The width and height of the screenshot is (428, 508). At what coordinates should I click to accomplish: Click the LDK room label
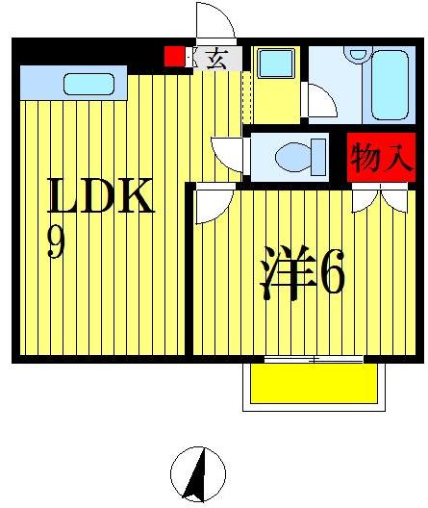100,198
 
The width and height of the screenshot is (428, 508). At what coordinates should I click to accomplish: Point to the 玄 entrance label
215,59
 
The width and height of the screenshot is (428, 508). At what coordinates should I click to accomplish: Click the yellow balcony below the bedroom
313,384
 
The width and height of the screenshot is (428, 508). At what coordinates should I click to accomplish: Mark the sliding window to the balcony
313,359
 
